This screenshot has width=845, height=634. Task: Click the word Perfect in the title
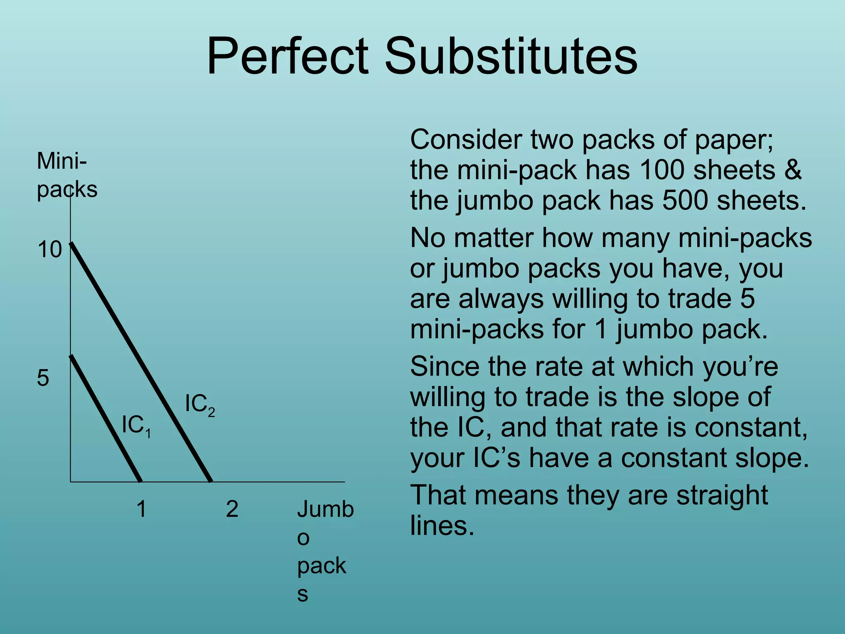coord(287,57)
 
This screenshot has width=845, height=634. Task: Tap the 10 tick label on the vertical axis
coord(50,250)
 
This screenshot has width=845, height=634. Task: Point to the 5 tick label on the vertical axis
coord(43,378)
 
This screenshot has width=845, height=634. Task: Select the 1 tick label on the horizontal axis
coord(141,509)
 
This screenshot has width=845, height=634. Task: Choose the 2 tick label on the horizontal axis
coord(232,509)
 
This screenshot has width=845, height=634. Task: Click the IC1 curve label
coord(136,426)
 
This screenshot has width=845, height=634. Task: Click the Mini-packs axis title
coord(66,175)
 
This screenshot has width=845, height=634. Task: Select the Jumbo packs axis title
coord(323,551)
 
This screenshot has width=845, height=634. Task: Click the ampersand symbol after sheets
coord(793,170)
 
